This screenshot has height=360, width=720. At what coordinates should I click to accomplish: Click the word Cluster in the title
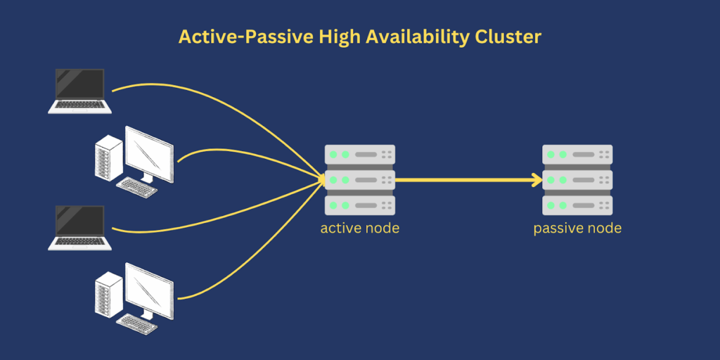[506, 37]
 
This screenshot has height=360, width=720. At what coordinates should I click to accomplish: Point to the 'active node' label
[359, 229]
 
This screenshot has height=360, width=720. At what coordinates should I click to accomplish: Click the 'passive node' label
[577, 229]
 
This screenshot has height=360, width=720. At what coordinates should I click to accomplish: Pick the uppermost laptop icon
[79, 91]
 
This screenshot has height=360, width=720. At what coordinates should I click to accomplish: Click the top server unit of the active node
[359, 154]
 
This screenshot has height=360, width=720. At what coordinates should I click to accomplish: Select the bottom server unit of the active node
[359, 205]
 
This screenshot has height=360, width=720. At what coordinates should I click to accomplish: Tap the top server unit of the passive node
[577, 154]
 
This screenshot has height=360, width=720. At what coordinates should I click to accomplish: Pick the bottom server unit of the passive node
[577, 205]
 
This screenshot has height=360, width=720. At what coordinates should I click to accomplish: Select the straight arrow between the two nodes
[464, 180]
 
